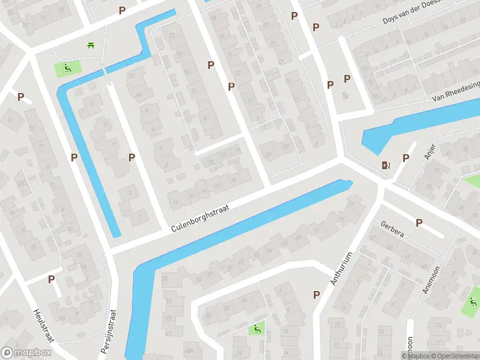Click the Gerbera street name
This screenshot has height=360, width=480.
click(392, 229)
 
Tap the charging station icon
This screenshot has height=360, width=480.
click(385, 165)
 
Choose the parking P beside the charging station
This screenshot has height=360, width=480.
click(406, 158)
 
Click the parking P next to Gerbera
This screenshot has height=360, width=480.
click(419, 223)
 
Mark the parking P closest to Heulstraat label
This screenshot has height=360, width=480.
click(51, 279)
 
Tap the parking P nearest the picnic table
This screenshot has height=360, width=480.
click(122, 10)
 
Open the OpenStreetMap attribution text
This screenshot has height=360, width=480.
click(454, 356)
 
